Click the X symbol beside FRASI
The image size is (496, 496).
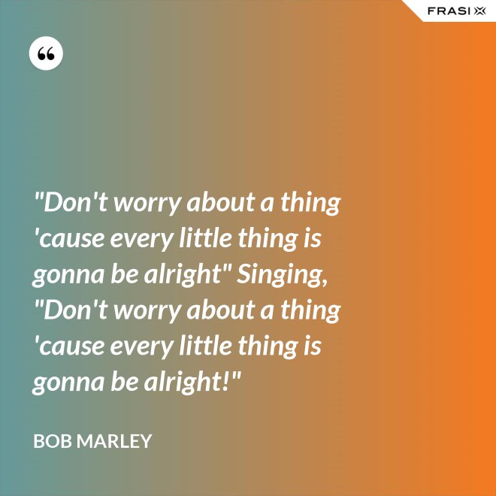click(x=479, y=11)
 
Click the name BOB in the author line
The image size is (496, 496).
click(x=54, y=441)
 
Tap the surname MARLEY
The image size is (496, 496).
click(x=116, y=441)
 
